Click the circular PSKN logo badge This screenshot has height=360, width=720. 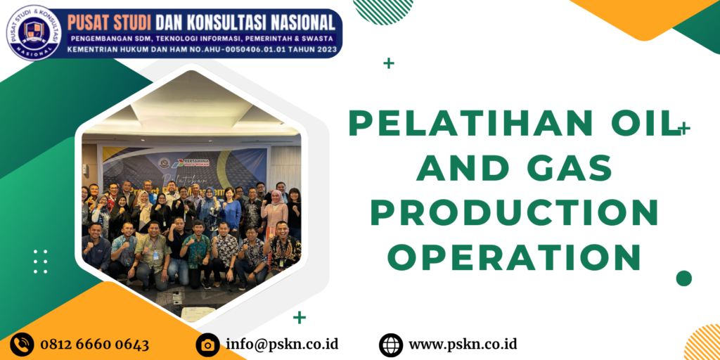coord(34,32)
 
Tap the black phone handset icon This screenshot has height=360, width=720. coord(22,345)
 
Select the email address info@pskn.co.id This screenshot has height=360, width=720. coord(282,345)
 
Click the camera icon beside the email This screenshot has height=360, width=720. coord(207,345)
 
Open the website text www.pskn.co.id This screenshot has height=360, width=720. coord(463,345)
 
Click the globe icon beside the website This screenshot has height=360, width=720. coord(391,345)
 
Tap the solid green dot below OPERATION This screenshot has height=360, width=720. coord(683,278)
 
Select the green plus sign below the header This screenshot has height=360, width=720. coord(389,64)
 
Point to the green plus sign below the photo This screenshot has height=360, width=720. coord(300,317)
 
